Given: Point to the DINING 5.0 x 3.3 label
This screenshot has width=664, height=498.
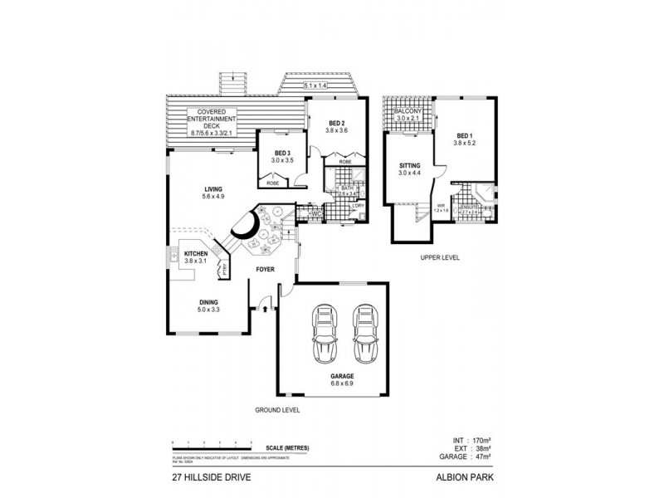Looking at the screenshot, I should [208, 305].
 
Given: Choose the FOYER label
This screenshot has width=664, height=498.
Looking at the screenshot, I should [266, 270].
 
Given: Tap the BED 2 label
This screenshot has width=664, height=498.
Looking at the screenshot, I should [336, 124].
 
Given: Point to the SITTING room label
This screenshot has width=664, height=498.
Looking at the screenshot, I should [410, 168].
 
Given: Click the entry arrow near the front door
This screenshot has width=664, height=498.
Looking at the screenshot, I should [265, 310].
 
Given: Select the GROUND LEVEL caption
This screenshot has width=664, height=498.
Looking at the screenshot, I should [277, 411].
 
